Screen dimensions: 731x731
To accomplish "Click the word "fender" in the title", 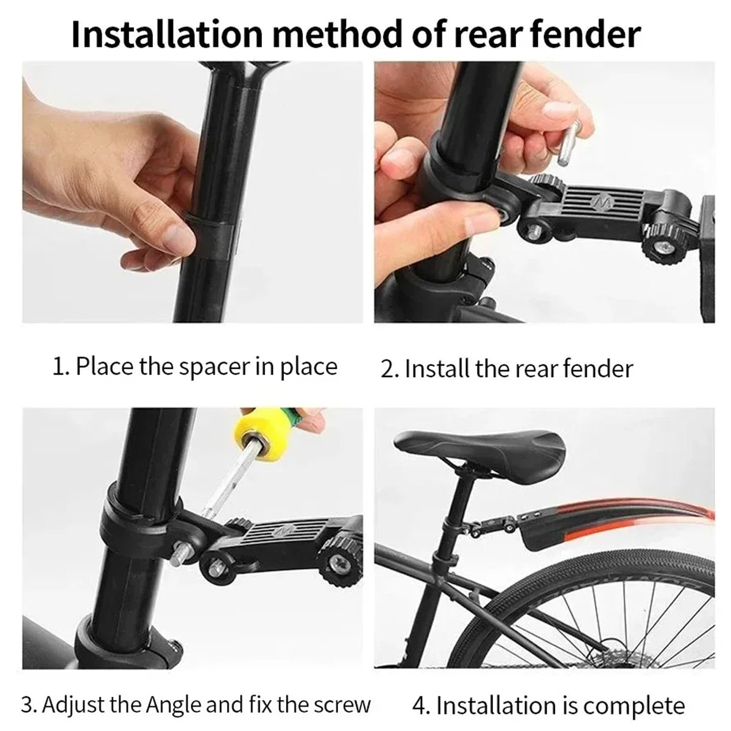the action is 586,35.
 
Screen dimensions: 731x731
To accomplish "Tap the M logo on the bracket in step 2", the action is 603,203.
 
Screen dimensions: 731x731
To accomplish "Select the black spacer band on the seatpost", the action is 212,236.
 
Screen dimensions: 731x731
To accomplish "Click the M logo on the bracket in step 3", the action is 284,529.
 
